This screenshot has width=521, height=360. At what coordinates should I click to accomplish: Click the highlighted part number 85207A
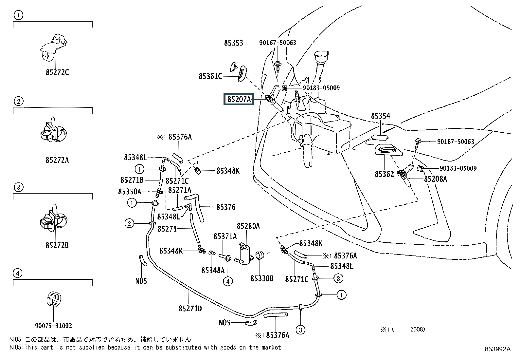point(239,99)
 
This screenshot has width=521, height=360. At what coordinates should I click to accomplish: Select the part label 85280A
point(248,226)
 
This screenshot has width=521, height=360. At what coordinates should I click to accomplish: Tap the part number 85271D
point(190,308)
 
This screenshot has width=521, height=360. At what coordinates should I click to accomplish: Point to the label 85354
point(380,116)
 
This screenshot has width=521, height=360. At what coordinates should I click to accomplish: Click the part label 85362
point(384,174)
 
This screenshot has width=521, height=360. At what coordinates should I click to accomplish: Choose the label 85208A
point(435,179)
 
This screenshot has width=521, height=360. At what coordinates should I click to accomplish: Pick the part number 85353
point(233,43)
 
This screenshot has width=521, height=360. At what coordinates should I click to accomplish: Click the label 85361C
point(210,76)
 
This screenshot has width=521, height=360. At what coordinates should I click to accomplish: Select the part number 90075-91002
point(53,326)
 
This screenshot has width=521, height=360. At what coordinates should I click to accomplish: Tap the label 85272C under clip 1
point(57,72)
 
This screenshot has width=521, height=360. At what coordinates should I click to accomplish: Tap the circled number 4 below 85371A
point(228,281)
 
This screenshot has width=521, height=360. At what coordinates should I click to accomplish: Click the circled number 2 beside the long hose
point(129,224)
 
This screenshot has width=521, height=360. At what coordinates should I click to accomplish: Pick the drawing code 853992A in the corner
point(497,349)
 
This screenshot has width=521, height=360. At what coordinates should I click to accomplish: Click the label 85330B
point(261,278)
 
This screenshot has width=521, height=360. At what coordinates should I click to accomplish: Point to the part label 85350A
point(130,192)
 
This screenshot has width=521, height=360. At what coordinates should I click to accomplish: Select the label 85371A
point(225,237)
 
